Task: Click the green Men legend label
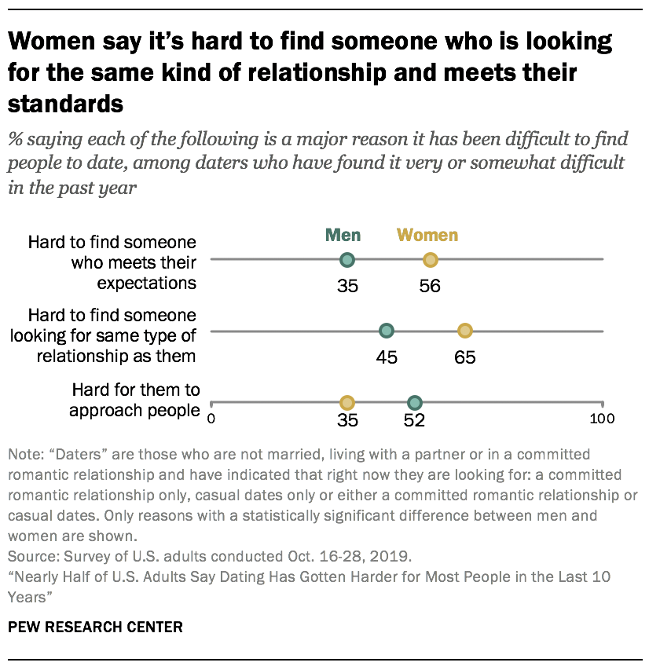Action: (x=343, y=235)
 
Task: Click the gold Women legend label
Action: (x=427, y=235)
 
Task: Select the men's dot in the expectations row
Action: (x=347, y=260)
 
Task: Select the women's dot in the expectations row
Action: (x=430, y=260)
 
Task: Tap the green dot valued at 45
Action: (x=386, y=331)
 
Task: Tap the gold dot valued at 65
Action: (x=464, y=331)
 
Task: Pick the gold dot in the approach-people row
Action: (x=346, y=402)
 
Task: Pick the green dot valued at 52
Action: (x=415, y=402)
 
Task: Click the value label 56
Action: (x=430, y=286)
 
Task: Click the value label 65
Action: (x=464, y=357)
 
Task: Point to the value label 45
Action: (x=386, y=357)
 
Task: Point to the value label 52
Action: (x=414, y=420)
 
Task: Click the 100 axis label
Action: (x=603, y=419)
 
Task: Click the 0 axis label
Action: (x=211, y=419)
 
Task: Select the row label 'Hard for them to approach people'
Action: (x=135, y=400)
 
